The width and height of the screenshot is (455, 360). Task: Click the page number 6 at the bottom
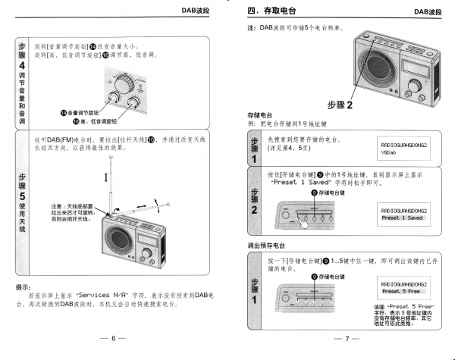click(x=113, y=338)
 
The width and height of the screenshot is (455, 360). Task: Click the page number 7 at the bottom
click(x=346, y=338)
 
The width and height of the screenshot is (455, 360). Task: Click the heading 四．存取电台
click(x=273, y=11)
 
